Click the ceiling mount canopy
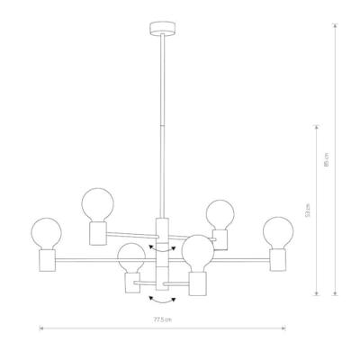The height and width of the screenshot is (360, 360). [162, 29]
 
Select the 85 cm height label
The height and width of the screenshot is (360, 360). [327, 159]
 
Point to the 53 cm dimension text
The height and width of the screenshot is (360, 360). [307, 211]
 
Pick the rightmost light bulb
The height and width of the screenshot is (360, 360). [278, 232]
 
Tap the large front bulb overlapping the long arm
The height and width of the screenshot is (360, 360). [198, 253]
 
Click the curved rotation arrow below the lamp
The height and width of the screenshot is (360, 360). [162, 301]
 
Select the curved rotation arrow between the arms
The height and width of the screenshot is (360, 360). [162, 248]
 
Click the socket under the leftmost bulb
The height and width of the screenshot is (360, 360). [48, 260]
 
